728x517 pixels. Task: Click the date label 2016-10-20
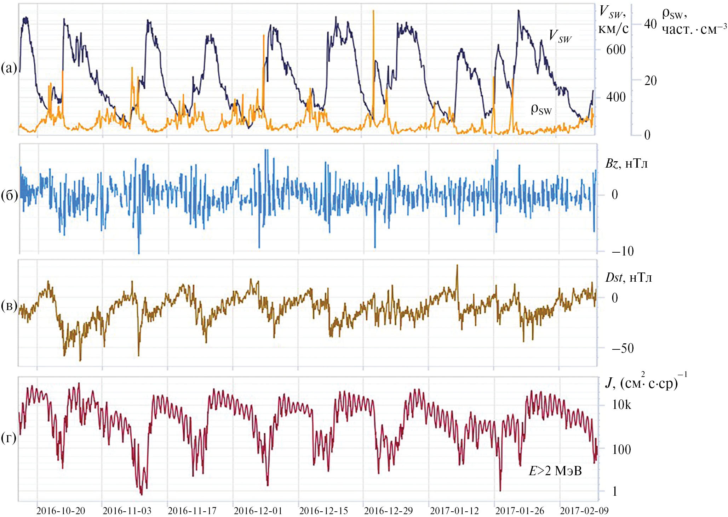coord(61,511)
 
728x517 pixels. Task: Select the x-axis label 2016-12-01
coord(258,511)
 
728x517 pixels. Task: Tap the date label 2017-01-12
coord(454,511)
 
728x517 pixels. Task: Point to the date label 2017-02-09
coord(584,511)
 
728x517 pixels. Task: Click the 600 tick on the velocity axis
coord(616,50)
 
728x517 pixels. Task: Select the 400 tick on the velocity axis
coord(616,97)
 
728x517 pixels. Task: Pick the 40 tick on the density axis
coord(650,24)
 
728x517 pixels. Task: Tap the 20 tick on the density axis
coord(650,81)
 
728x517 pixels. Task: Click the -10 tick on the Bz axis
coord(623,251)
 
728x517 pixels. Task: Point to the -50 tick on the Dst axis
coord(623,348)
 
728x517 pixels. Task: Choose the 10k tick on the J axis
coord(621,405)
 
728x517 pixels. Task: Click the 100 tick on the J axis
coord(621,449)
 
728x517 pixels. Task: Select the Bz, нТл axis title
coord(626,163)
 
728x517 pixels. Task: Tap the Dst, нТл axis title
coord(628,277)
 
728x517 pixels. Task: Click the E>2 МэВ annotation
coord(555,471)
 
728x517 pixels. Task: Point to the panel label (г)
coord(9,438)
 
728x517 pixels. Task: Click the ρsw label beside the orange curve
coord(541,109)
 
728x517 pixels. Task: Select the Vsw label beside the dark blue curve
coord(560,36)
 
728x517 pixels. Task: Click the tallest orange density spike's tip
coord(373,11)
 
